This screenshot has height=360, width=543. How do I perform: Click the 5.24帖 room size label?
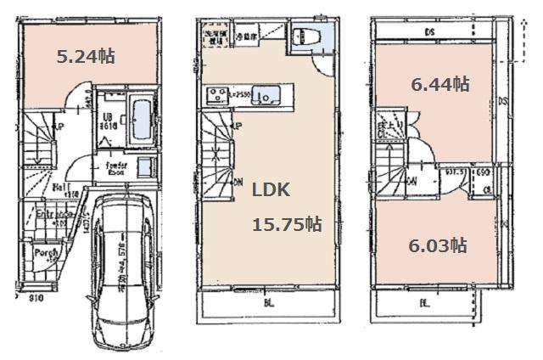85,57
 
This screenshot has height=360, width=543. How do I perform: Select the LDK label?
270,191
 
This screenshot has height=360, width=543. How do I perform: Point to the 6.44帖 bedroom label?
439,84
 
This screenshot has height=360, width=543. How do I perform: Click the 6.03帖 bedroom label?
438,245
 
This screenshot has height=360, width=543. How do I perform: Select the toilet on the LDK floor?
304,38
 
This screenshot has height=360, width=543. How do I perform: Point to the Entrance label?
52,215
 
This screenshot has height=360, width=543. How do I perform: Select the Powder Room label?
116,167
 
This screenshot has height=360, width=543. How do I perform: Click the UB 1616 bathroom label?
109,120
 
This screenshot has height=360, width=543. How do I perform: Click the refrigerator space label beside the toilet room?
246,37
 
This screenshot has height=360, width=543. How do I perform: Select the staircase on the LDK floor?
218,158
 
